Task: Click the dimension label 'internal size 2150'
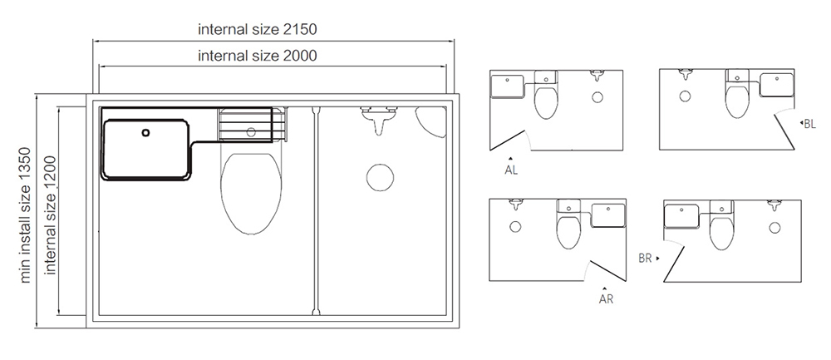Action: coord(257,29)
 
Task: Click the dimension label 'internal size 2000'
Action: coord(257,55)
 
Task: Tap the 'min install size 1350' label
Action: coord(26,215)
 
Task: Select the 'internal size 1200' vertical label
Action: coord(51,215)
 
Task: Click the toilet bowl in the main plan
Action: coord(251,193)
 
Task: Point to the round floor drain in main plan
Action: coord(380,177)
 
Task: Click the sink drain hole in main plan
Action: coord(145,132)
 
